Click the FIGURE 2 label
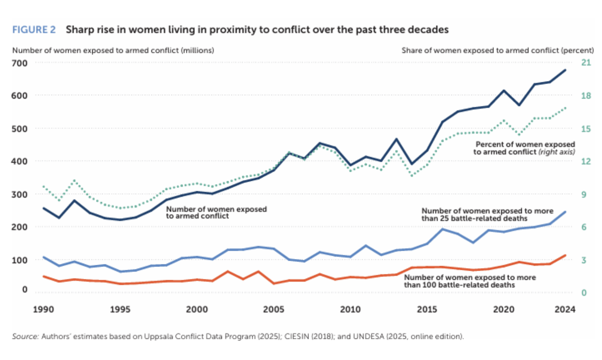tap(34, 30)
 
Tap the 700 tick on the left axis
tap(19, 63)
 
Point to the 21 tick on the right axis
tap(586, 62)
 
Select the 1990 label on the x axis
tap(43, 309)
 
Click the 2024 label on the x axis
tap(565, 309)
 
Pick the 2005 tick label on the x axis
tap(274, 309)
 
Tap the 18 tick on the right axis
tap(586, 96)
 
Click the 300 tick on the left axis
tap(19, 194)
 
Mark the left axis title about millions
tap(113, 50)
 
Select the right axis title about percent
tap(497, 50)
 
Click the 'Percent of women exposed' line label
tap(525, 144)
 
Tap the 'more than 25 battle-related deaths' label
tap(487, 215)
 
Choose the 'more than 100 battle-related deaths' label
tap(470, 281)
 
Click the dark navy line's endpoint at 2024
tap(565, 70)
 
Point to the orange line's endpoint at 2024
tap(565, 255)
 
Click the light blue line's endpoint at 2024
tap(565, 212)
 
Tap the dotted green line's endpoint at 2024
tap(565, 108)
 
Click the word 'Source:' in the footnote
tap(25, 336)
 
